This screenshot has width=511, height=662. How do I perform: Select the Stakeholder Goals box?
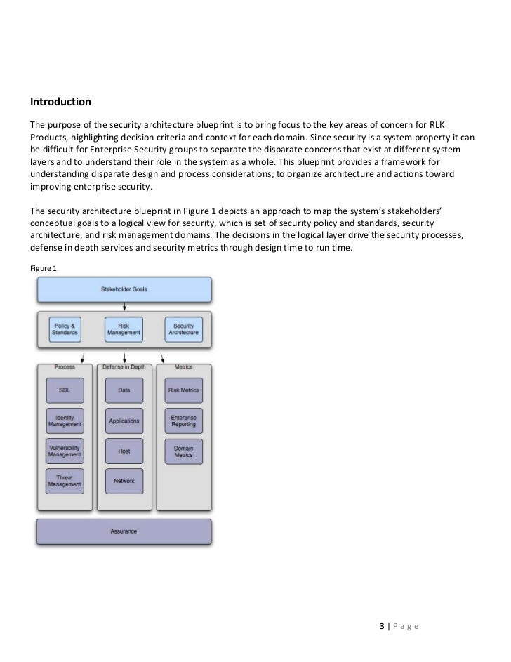pos(124,290)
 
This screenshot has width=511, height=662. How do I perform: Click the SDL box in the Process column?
pos(65,390)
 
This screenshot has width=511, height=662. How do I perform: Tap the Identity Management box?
pos(65,421)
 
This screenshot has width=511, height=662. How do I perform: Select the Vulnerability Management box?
pos(65,451)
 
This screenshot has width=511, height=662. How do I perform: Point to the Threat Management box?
pos(65,481)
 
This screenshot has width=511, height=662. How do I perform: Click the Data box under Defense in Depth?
pos(124,390)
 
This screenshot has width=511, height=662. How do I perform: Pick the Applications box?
pos(124,421)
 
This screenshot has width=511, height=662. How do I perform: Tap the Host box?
pos(124,451)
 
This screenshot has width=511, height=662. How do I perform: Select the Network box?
pos(124,481)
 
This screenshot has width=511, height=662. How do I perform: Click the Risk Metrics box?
pos(183,390)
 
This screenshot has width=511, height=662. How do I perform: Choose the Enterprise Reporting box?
pos(183,421)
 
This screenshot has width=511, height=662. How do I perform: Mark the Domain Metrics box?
pos(183,451)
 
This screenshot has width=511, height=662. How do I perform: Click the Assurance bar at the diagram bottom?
pos(124,531)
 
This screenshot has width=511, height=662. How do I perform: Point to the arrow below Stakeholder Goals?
pos(124,306)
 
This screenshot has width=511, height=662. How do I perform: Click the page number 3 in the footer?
pos(380,625)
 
